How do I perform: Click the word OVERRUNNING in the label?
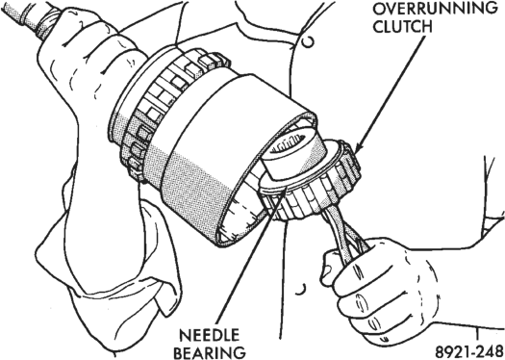click(x=435, y=9)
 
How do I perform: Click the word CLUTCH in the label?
click(x=403, y=27)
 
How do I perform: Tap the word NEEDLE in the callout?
click(x=209, y=336)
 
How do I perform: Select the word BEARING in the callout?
click(x=210, y=352)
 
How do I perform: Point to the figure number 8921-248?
click(x=469, y=351)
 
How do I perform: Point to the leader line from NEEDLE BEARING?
click(x=250, y=259)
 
